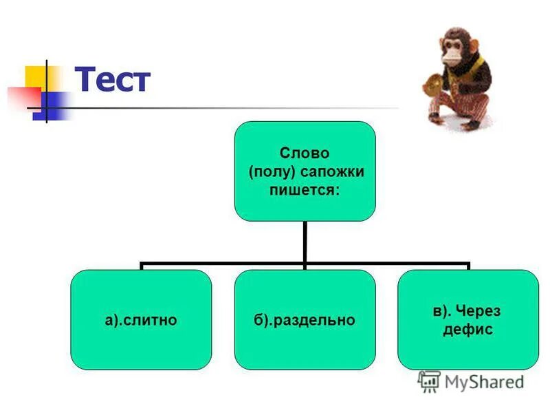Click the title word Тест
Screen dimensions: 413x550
click(x=112, y=81)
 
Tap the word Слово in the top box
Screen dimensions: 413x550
click(x=305, y=153)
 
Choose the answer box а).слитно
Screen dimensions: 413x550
click(x=141, y=319)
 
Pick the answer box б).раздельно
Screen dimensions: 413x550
click(x=305, y=319)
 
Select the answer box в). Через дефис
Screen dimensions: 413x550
click(x=468, y=319)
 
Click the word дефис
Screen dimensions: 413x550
click(x=468, y=330)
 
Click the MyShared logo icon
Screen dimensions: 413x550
click(x=429, y=381)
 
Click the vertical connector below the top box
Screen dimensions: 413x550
click(x=305, y=241)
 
